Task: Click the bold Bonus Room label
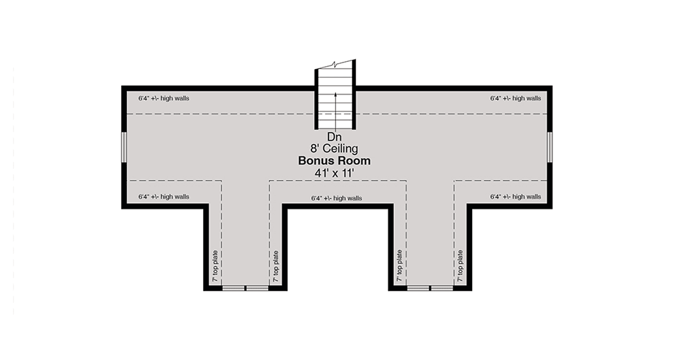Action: [335, 161]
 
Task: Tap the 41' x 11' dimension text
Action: [335, 173]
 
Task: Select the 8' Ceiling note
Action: [335, 149]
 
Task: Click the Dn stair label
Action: [335, 137]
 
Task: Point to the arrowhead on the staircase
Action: [335, 95]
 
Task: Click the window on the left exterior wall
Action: [124, 147]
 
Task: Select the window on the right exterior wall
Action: [550, 147]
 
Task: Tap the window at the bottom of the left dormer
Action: [246, 288]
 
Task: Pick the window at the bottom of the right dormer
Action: [430, 288]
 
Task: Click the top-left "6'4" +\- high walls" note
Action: [164, 99]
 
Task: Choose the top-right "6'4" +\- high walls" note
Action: [515, 99]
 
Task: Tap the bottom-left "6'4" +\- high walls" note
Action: [164, 197]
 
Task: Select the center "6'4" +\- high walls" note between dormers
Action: [336, 198]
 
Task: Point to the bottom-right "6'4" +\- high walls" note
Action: [515, 197]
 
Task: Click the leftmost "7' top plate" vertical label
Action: [215, 266]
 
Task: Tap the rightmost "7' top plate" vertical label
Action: [460, 266]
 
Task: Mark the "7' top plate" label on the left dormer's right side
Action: [276, 266]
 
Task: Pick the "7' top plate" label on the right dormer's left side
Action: [399, 266]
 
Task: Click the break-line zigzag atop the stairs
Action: [335, 64]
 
